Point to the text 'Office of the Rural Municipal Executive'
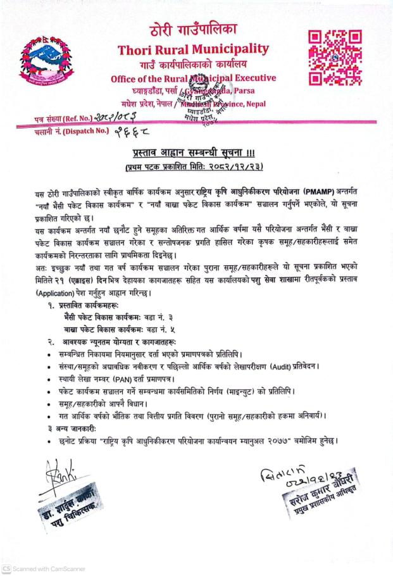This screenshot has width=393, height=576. coord(193,78)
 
